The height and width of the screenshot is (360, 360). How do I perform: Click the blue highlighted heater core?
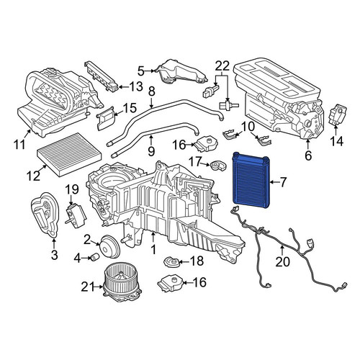pyautogui.click(x=251, y=179)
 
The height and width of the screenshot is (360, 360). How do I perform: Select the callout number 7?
pyautogui.click(x=283, y=182)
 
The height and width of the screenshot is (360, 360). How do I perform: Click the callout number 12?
pyautogui.click(x=33, y=176)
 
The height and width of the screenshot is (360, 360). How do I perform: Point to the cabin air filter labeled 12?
pyautogui.click(x=69, y=154)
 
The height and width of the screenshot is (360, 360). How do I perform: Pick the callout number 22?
pyautogui.click(x=222, y=66)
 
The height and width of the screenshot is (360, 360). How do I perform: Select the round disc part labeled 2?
pyautogui.click(x=110, y=246)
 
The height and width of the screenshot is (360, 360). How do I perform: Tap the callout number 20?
pyautogui.click(x=282, y=261)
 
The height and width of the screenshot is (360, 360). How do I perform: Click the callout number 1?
pyautogui.click(x=153, y=249)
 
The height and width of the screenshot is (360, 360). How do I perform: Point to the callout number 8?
pyautogui.click(x=152, y=91)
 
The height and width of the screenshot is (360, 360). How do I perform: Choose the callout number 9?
pyautogui.click(x=151, y=150)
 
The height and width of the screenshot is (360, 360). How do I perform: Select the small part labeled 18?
pyautogui.click(x=172, y=261)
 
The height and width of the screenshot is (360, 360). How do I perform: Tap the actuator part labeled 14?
pyautogui.click(x=338, y=113)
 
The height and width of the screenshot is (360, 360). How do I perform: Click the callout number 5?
pyautogui.click(x=141, y=71)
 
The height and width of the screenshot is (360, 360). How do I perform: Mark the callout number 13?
pyautogui.click(x=136, y=86)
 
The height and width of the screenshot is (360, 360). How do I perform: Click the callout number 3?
pyautogui.click(x=55, y=254)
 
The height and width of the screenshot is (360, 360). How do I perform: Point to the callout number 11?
pyautogui.click(x=19, y=144)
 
